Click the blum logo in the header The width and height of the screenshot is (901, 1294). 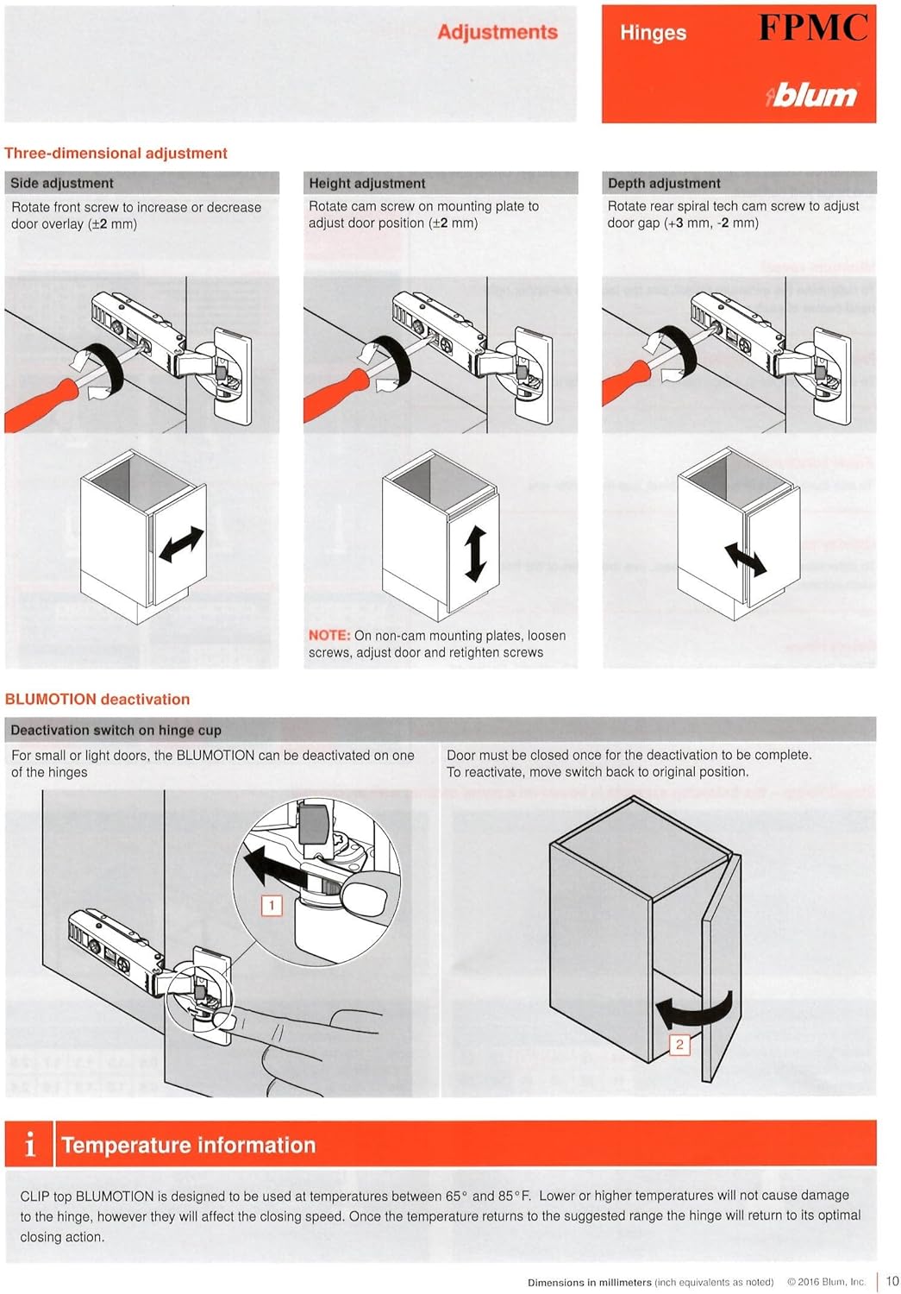click(812, 94)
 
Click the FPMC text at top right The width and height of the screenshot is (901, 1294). click(813, 28)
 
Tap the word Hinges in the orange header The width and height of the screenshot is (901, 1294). click(653, 33)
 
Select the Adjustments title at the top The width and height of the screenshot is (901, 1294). click(497, 32)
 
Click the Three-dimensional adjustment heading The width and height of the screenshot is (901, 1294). click(116, 154)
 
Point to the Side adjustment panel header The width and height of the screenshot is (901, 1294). click(62, 183)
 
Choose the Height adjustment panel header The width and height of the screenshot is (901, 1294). click(367, 183)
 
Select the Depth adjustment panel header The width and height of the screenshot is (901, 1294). click(664, 183)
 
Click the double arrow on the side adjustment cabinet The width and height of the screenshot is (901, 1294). click(182, 544)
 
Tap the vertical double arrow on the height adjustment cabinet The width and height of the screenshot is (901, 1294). click(475, 553)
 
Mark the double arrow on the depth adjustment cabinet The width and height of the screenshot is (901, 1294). click(745, 559)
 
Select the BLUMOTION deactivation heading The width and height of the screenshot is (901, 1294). click(97, 700)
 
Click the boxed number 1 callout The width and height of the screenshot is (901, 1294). click(272, 905)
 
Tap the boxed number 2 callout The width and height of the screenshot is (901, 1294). click(679, 1045)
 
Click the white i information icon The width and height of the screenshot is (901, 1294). click(30, 1145)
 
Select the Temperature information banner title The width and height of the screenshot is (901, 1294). click(189, 1145)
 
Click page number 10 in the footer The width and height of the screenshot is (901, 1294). click(892, 1281)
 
